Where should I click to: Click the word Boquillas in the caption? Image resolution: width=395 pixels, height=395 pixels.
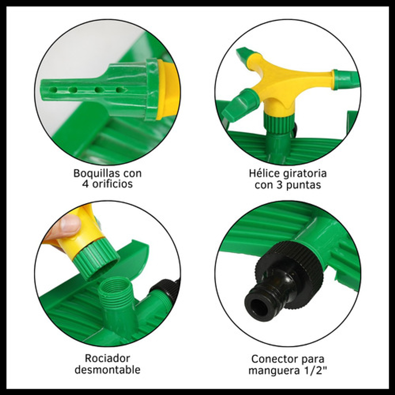pos(96,173)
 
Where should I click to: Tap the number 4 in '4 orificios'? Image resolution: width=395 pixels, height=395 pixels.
pos(85,184)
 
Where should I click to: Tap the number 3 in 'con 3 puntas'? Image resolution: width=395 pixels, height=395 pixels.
pos(280,185)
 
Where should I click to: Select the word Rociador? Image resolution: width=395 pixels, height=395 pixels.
pos(107,358)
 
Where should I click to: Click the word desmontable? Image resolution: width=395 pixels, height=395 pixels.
pos(107,370)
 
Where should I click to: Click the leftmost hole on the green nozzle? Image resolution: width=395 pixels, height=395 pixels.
pos(53,90)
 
